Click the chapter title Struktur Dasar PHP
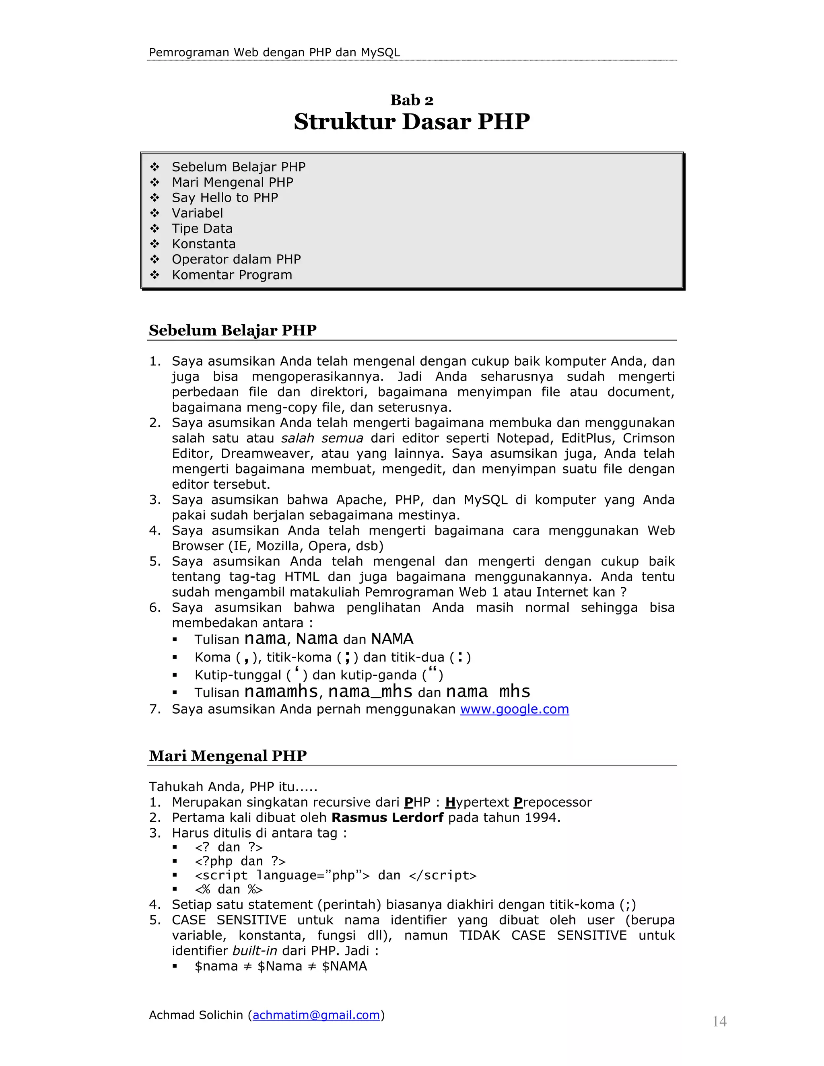(412, 121)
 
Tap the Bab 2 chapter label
(412, 100)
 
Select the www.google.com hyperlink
(514, 709)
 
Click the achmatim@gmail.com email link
(316, 1015)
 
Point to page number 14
(719, 1021)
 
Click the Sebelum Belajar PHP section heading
(233, 330)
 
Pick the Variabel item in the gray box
(197, 213)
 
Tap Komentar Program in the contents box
(232, 275)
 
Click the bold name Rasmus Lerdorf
(387, 817)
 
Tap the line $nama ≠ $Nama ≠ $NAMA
(281, 966)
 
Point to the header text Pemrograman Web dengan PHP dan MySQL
(274, 52)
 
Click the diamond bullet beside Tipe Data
(155, 228)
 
